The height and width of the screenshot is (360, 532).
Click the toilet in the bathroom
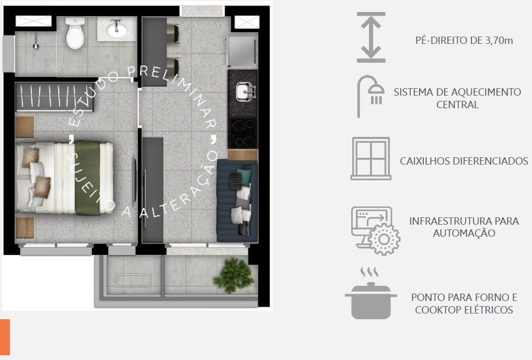75,33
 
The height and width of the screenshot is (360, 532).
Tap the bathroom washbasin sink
117,29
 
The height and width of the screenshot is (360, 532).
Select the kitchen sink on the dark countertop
246,91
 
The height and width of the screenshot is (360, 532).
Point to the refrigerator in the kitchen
241,51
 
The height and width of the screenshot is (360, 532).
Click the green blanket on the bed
87,178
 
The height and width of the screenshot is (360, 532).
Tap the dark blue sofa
237,200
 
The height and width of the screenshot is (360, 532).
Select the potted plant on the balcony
234,275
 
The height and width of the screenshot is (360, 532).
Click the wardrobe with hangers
55,97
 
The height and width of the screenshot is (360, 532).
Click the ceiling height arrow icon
371,37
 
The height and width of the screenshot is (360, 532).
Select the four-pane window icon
371,158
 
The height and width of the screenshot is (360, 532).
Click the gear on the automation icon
384,239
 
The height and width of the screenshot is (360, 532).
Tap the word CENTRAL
457,104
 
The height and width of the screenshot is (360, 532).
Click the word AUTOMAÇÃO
464,233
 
